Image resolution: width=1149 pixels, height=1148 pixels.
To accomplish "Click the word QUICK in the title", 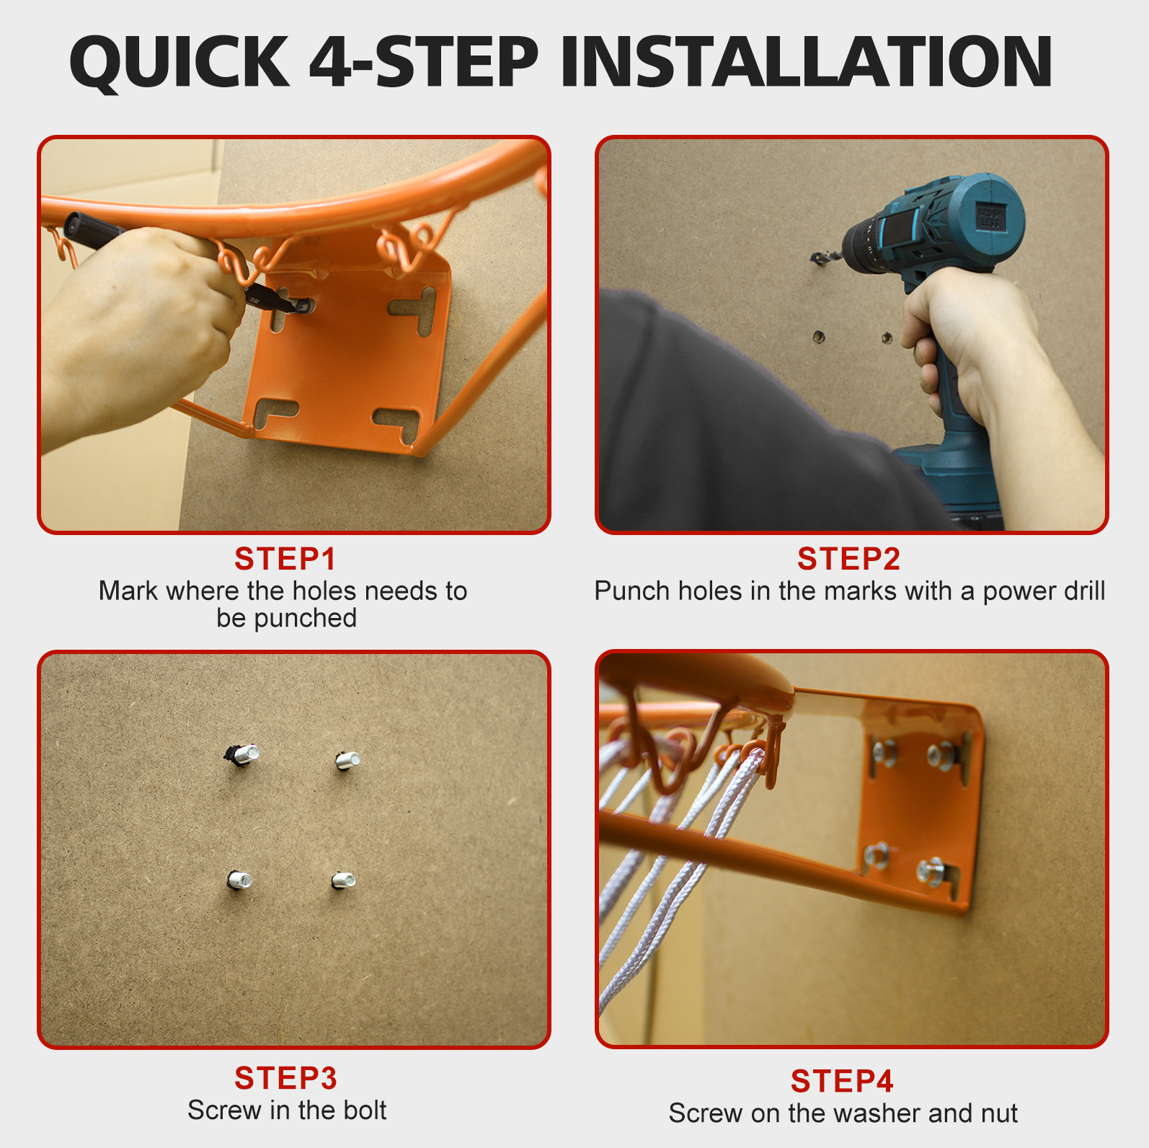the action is (179, 63).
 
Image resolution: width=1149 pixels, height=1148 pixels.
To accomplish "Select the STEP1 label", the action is (285, 559).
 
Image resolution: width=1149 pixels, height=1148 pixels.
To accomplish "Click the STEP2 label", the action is (849, 559).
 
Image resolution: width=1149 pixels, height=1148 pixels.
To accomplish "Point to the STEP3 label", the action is (285, 1078).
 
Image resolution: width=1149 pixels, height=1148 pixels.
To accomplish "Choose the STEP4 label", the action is (842, 1081).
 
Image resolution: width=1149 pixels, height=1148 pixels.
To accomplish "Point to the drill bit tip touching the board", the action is (812, 257).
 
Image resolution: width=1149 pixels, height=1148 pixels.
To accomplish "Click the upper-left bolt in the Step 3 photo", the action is (242, 754).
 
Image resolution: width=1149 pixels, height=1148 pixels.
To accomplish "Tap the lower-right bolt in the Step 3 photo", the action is (343, 880).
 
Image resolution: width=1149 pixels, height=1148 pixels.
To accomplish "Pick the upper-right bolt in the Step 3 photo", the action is (347, 760).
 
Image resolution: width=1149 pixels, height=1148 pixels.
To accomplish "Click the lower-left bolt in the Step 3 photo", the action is (240, 880).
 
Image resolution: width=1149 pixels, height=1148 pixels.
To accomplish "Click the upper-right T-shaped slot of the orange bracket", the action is (414, 310).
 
